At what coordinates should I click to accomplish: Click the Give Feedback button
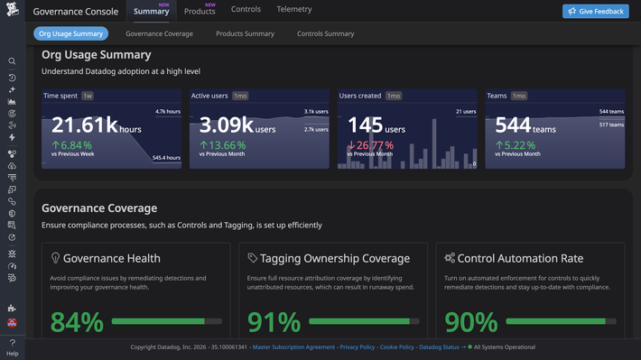point(596,11)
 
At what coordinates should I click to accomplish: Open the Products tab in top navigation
point(200,11)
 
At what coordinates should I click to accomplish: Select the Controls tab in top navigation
point(246,10)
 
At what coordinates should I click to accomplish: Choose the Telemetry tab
point(294,10)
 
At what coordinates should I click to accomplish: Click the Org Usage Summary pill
point(71,33)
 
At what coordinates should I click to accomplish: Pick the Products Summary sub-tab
point(245,33)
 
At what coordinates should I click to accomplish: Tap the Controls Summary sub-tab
point(325,33)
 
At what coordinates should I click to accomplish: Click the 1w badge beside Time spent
point(88,95)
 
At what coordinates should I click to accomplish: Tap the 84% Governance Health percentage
point(77,322)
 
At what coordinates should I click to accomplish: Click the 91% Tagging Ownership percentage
point(274,322)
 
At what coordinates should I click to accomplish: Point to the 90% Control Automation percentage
point(471,322)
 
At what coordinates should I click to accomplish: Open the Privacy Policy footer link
point(358,346)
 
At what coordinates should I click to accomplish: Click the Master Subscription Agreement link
point(293,346)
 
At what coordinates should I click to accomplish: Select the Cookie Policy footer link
point(397,346)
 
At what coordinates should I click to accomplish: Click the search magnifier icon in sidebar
point(12,61)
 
